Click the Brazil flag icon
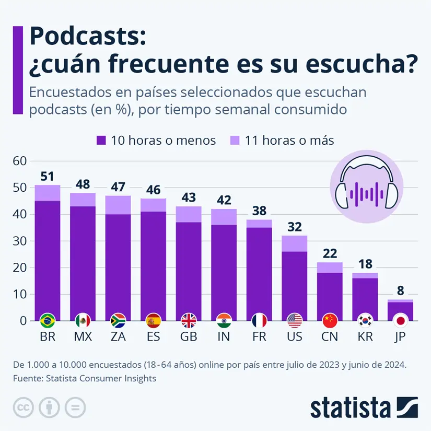pos(48,320)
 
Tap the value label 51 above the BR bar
pos(48,177)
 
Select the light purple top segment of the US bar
pos(294,243)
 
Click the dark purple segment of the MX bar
pos(83,261)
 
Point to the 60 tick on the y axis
pos(19,161)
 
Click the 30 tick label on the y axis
pos(19,241)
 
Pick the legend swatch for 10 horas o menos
pos(101,141)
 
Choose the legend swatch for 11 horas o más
pos(235,141)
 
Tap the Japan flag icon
pos(400,320)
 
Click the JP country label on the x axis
pos(400,336)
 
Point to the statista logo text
pos(351,407)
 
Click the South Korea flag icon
pos(365,320)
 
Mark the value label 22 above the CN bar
pos(330,254)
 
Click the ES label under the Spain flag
pos(154,336)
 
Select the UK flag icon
pos(189,320)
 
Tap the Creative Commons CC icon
pos(23,407)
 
